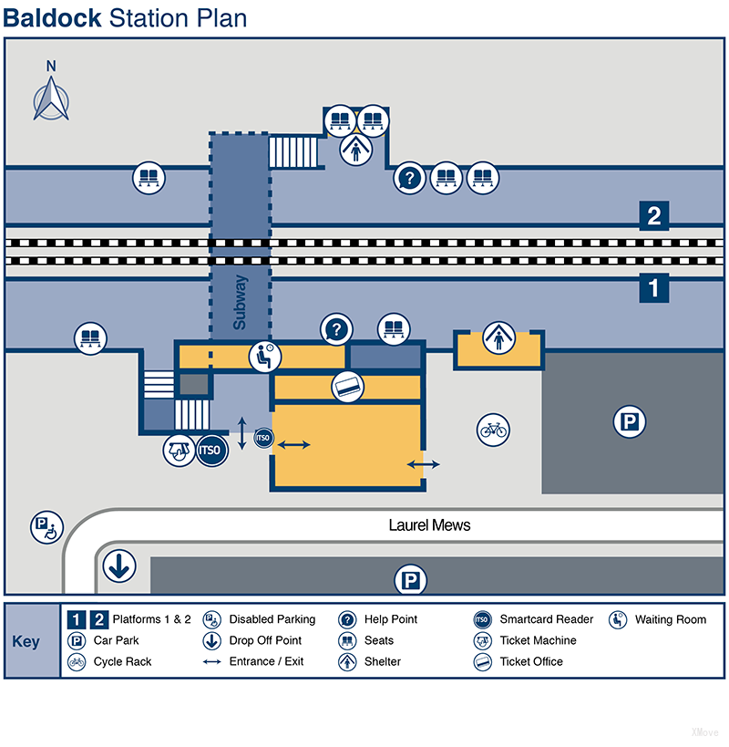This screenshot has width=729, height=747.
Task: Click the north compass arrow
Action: [52, 95]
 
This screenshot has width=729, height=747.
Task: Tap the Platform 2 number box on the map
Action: [653, 217]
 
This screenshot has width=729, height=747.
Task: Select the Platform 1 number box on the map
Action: [653, 288]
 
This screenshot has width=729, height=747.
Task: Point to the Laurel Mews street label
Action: [429, 525]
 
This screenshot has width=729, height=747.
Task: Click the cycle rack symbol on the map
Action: [493, 429]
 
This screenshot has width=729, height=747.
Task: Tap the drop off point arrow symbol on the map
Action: [118, 566]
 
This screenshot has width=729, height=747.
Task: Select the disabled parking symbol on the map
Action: [46, 526]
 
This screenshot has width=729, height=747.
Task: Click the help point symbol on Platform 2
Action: [409, 179]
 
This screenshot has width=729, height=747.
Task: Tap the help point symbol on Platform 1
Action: [336, 328]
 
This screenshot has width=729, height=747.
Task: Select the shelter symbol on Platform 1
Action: [498, 337]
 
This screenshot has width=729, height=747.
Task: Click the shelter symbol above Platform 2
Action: [355, 149]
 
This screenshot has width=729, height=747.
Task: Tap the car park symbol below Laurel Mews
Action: [410, 579]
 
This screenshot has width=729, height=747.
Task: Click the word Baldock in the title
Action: [53, 17]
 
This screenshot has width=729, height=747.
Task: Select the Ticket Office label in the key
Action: [532, 662]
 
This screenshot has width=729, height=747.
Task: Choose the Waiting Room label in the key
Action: [670, 619]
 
